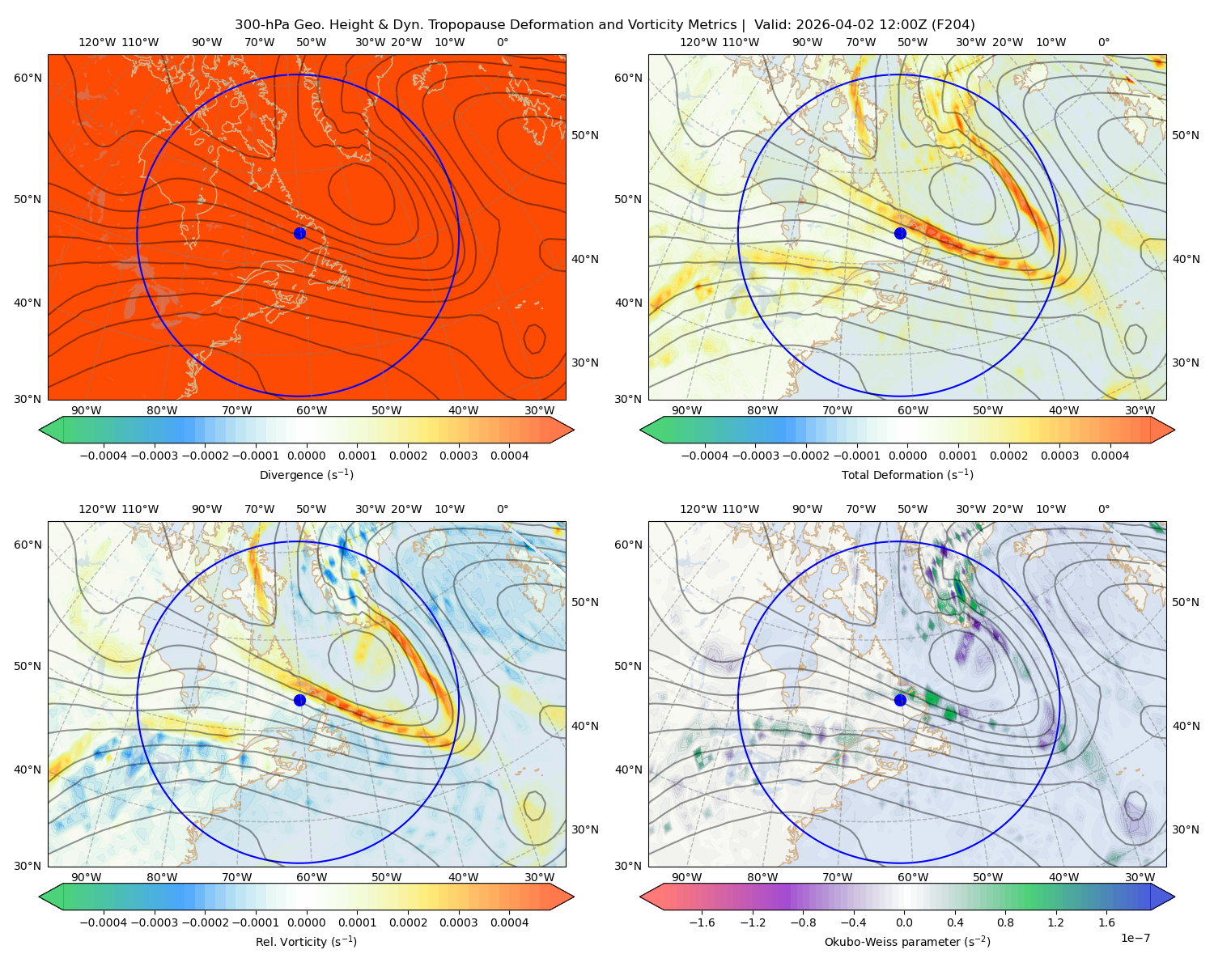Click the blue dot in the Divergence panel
click(x=299, y=233)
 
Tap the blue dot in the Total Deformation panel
click(x=900, y=233)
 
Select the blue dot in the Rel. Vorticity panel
click(x=299, y=700)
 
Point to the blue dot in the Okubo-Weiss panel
click(x=900, y=700)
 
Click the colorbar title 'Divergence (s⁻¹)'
click(x=306, y=474)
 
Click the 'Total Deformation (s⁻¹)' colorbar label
click(x=907, y=474)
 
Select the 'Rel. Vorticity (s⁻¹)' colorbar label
click(x=306, y=941)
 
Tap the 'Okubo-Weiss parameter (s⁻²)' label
click(x=907, y=941)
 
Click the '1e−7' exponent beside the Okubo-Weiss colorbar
click(x=1135, y=938)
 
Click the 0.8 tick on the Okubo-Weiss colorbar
click(x=1005, y=922)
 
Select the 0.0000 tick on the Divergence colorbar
click(x=306, y=456)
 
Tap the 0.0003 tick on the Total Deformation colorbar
click(x=1059, y=456)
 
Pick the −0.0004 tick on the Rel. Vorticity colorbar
click(x=104, y=922)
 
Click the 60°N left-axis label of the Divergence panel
click(x=28, y=78)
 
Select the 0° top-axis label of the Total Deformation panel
click(x=1103, y=42)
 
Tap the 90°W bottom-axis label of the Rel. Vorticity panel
click(x=87, y=877)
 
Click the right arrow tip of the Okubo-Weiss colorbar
click(x=1174, y=897)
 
